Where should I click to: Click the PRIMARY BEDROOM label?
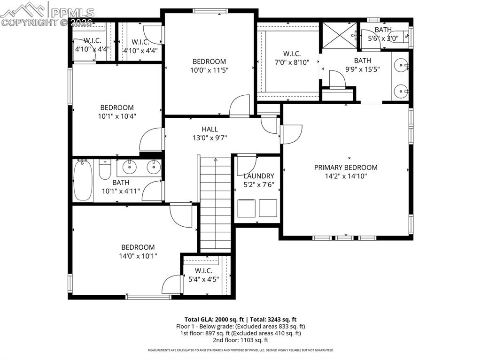click(x=345, y=168)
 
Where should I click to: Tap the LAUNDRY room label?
click(x=258, y=176)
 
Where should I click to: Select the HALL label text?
click(x=209, y=129)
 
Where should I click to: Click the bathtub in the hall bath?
click(x=84, y=181)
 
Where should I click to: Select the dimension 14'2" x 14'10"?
click(x=345, y=176)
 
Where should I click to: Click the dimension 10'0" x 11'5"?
click(x=209, y=70)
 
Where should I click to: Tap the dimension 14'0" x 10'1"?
click(x=138, y=256)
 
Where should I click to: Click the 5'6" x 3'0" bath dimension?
click(x=383, y=39)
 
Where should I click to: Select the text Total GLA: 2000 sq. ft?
click(x=214, y=319)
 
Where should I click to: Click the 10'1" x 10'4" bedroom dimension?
click(x=116, y=116)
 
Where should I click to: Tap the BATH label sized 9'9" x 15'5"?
click(x=362, y=61)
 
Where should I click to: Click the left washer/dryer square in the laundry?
click(x=246, y=208)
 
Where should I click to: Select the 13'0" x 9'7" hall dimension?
click(x=209, y=138)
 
